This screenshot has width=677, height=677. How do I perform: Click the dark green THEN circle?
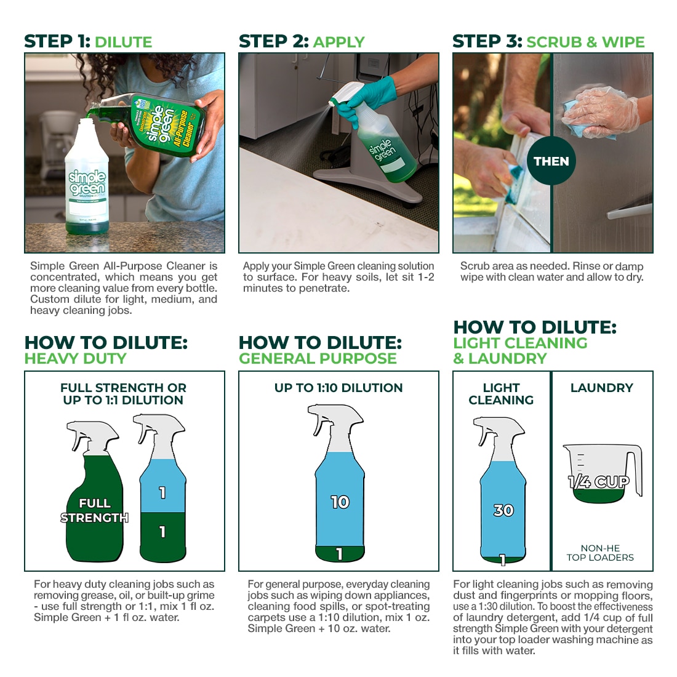(x=551, y=161)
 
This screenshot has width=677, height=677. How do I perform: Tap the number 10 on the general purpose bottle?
(x=340, y=502)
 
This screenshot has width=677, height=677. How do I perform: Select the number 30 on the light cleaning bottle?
(x=503, y=510)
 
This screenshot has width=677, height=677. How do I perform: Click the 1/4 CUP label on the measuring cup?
(x=599, y=482)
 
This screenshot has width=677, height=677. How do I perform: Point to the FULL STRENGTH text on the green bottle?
(x=95, y=510)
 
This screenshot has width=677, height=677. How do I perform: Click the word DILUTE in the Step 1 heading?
(x=124, y=42)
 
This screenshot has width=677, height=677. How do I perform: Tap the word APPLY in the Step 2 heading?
(x=339, y=42)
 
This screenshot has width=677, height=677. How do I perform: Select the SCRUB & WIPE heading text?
(x=585, y=42)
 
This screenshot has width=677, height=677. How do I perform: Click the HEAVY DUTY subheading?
(x=75, y=358)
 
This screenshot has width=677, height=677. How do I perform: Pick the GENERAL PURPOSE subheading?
(x=318, y=358)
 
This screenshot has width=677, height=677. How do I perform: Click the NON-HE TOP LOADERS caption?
(x=600, y=553)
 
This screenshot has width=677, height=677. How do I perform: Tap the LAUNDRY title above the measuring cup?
(x=602, y=388)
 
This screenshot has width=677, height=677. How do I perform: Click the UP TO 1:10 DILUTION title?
(x=338, y=388)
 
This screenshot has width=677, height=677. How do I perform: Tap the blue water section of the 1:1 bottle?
(x=162, y=486)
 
